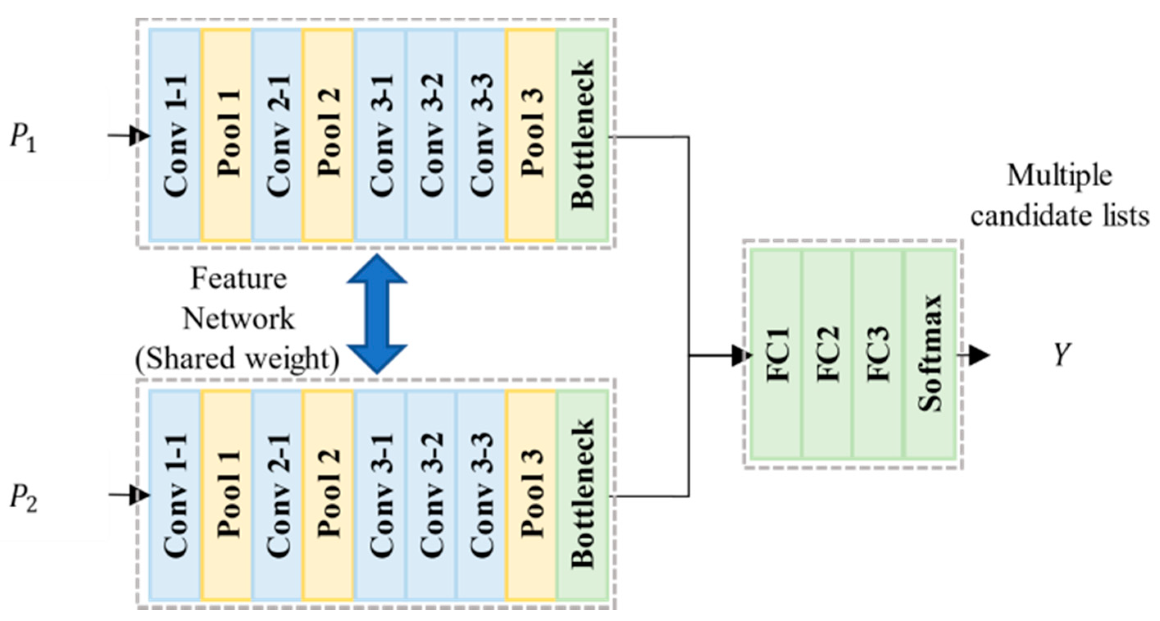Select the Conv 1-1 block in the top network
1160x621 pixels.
point(175,135)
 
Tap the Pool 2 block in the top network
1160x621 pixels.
point(328,135)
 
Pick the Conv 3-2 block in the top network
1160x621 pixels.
point(431,135)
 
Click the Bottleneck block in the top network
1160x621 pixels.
point(583,135)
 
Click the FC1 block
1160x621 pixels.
point(776,354)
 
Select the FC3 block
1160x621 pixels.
point(877,354)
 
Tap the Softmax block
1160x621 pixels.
point(930,354)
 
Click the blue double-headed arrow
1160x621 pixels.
point(377,314)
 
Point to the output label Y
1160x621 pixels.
point(1062,354)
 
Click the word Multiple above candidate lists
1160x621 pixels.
point(1059,176)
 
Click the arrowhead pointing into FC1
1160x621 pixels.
point(741,355)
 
